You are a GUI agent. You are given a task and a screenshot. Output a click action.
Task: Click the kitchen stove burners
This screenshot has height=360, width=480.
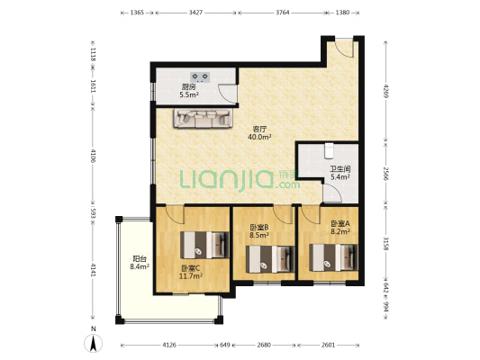[x=200, y=76]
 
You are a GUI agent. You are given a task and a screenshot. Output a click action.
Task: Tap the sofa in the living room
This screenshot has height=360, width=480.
[x=203, y=119]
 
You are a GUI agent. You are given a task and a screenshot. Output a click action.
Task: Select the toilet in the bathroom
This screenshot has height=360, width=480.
[x=329, y=151]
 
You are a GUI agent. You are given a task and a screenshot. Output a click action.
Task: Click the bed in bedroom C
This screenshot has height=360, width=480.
[x=204, y=245]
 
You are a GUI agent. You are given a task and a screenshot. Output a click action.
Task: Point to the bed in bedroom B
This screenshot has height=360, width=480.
[x=270, y=259]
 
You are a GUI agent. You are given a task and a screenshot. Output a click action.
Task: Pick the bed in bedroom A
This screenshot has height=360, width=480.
[x=333, y=257]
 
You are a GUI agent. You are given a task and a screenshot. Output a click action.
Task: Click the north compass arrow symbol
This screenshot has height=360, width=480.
[x=94, y=343]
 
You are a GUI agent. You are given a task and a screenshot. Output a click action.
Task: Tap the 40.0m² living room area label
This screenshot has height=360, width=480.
[x=259, y=137]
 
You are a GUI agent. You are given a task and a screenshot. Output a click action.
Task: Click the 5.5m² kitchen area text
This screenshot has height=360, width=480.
[x=189, y=94]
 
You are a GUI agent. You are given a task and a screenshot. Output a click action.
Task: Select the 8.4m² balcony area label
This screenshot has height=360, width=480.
[x=140, y=266]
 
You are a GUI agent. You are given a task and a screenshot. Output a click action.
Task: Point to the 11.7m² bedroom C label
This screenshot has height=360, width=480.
[x=191, y=276]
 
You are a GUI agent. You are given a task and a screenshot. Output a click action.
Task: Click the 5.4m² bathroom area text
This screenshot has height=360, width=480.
[x=340, y=176]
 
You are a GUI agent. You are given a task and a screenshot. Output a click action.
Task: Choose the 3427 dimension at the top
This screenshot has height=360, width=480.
[x=196, y=13]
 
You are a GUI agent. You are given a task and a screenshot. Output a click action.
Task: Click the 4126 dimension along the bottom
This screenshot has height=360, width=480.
[x=169, y=345]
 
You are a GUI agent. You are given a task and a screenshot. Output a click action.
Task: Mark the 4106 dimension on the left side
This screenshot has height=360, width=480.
[x=94, y=155]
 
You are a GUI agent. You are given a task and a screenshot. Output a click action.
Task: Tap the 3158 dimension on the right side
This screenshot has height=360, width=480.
[x=386, y=244]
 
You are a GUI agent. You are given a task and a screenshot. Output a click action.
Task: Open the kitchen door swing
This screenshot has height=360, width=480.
[x=227, y=94]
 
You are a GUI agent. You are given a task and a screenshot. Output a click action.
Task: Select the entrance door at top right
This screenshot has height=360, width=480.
[x=343, y=48]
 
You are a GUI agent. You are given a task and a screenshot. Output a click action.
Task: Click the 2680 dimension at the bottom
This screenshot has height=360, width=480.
[x=264, y=345]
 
